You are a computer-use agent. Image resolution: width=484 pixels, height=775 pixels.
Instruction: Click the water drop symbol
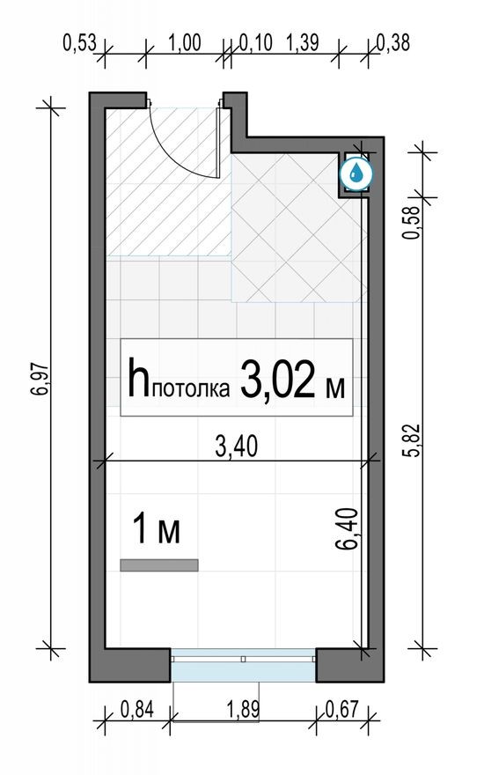[356, 173]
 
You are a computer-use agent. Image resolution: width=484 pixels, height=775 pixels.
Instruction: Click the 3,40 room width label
[236, 447]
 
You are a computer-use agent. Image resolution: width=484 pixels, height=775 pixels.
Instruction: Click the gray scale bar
[159, 565]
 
